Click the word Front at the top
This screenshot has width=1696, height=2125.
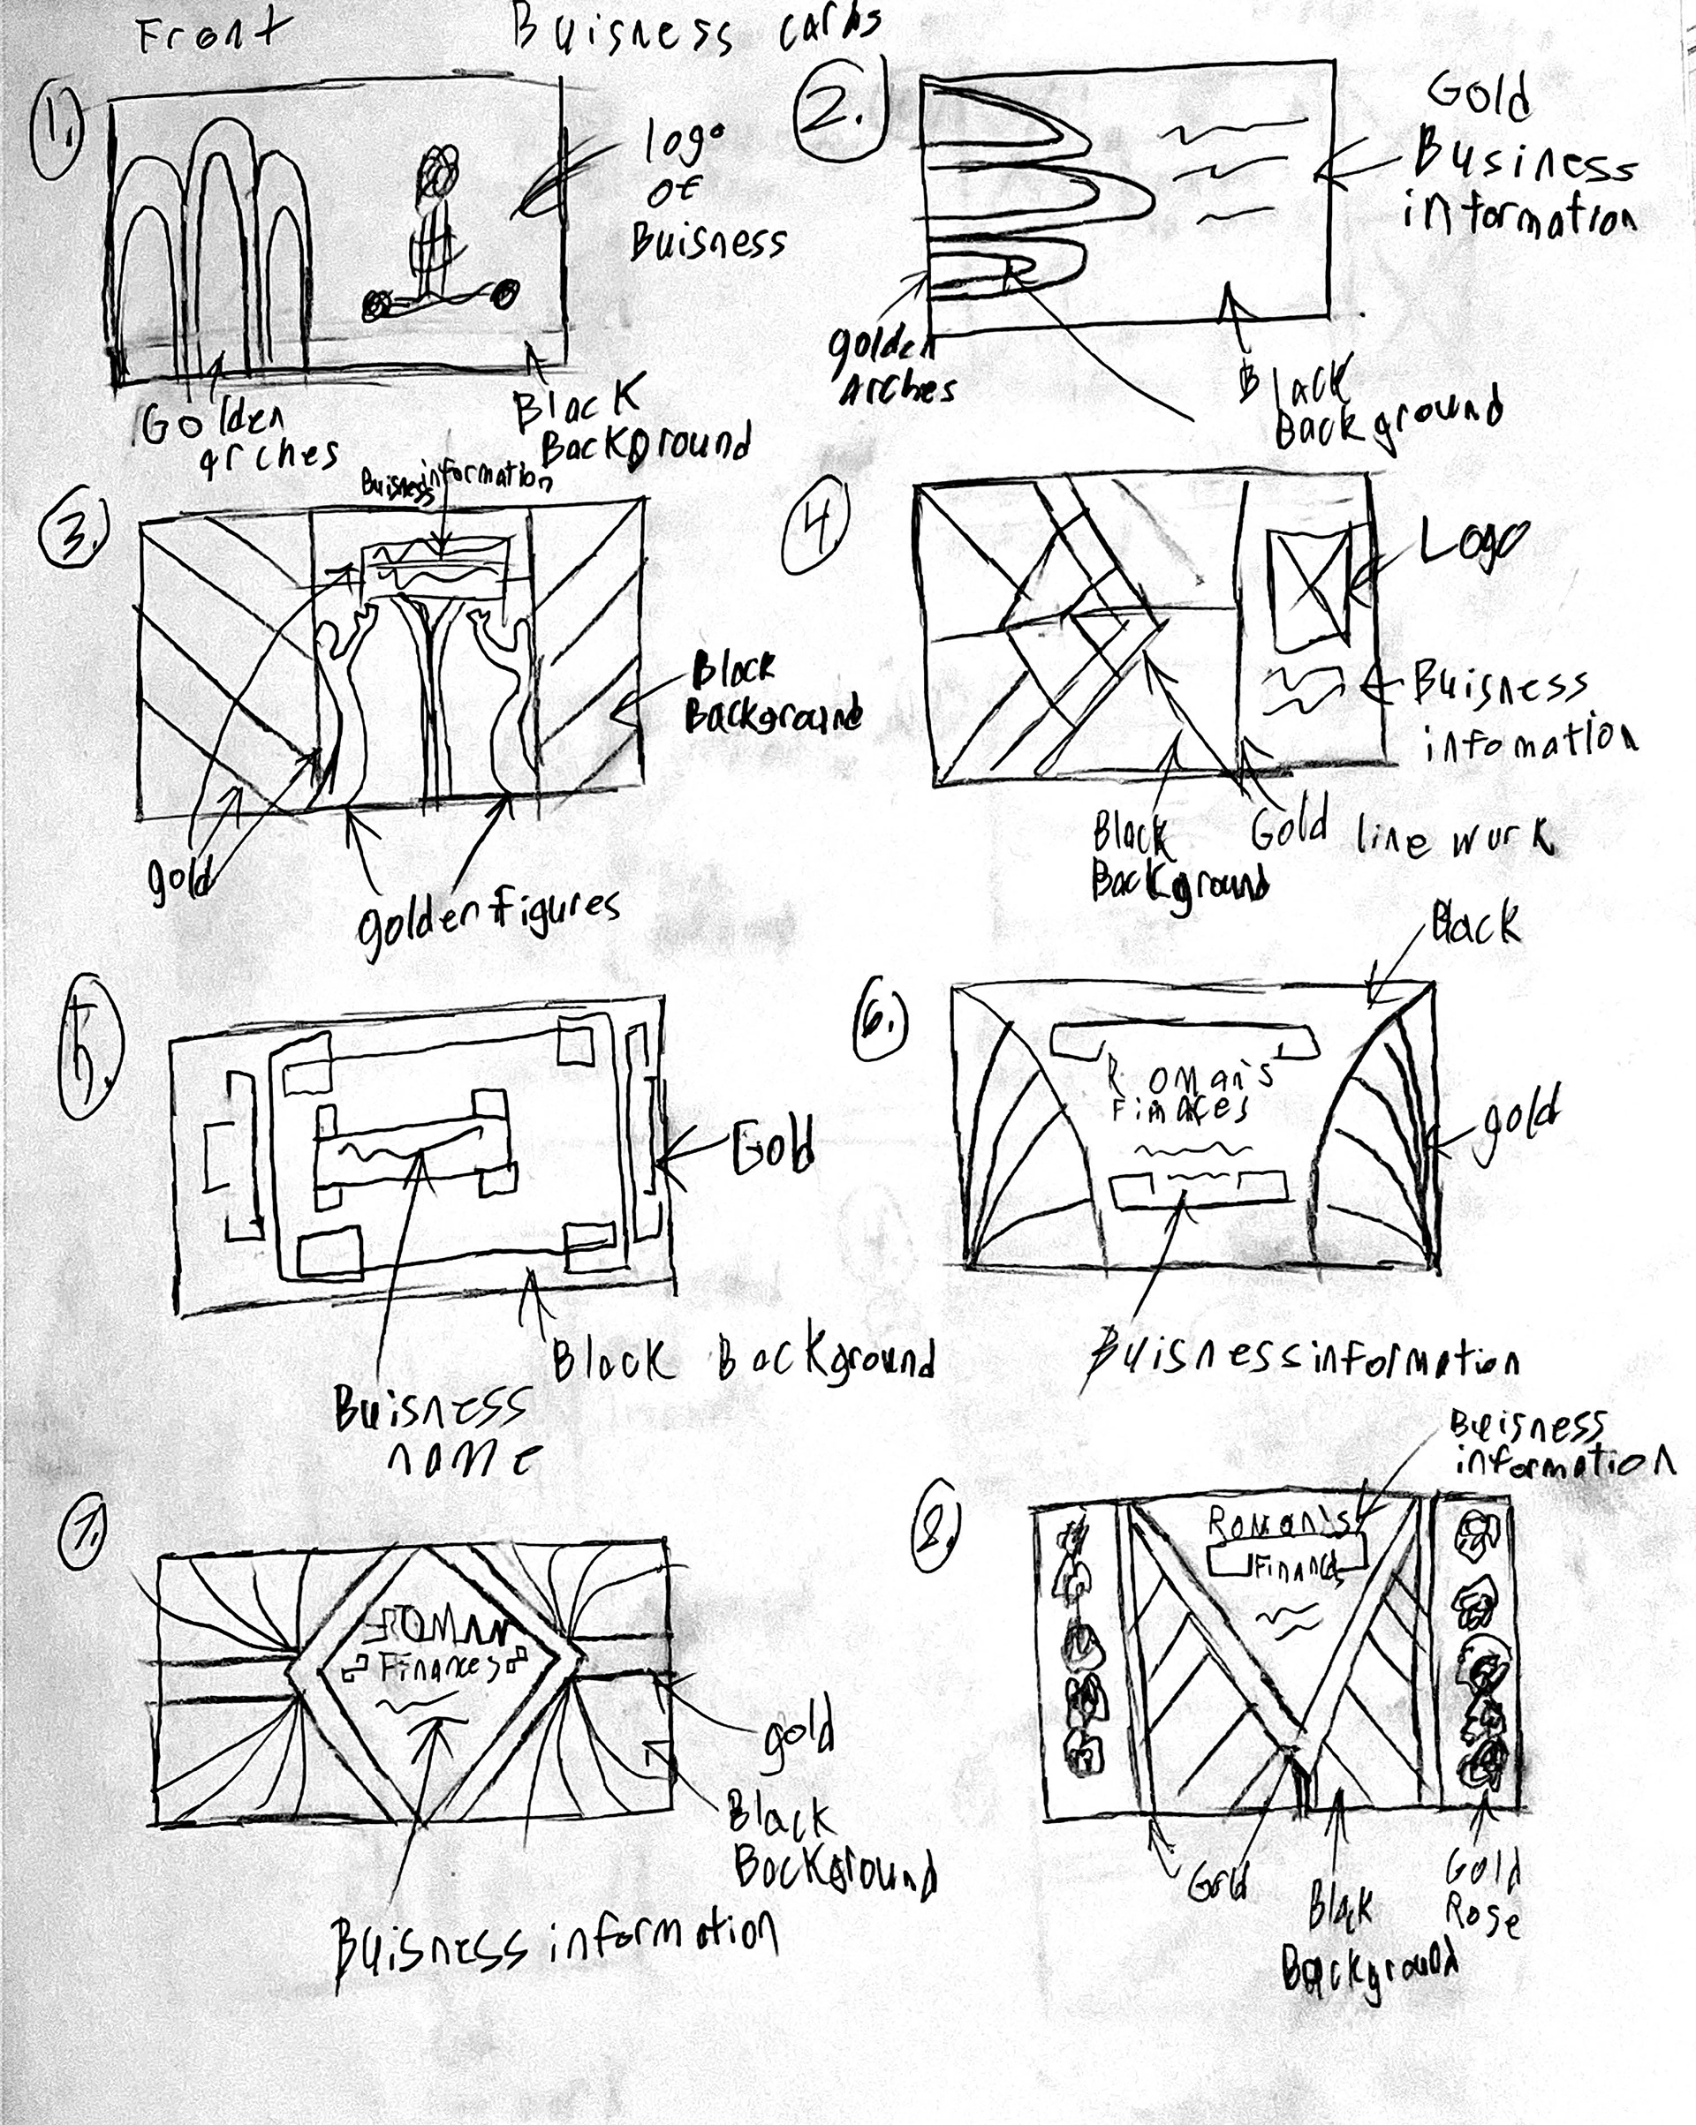click(207, 34)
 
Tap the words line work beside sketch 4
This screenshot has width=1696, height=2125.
click(1456, 840)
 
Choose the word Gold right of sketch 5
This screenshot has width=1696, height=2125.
click(773, 1148)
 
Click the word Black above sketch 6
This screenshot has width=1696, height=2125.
click(1475, 925)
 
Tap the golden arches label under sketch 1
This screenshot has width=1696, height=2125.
click(237, 438)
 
